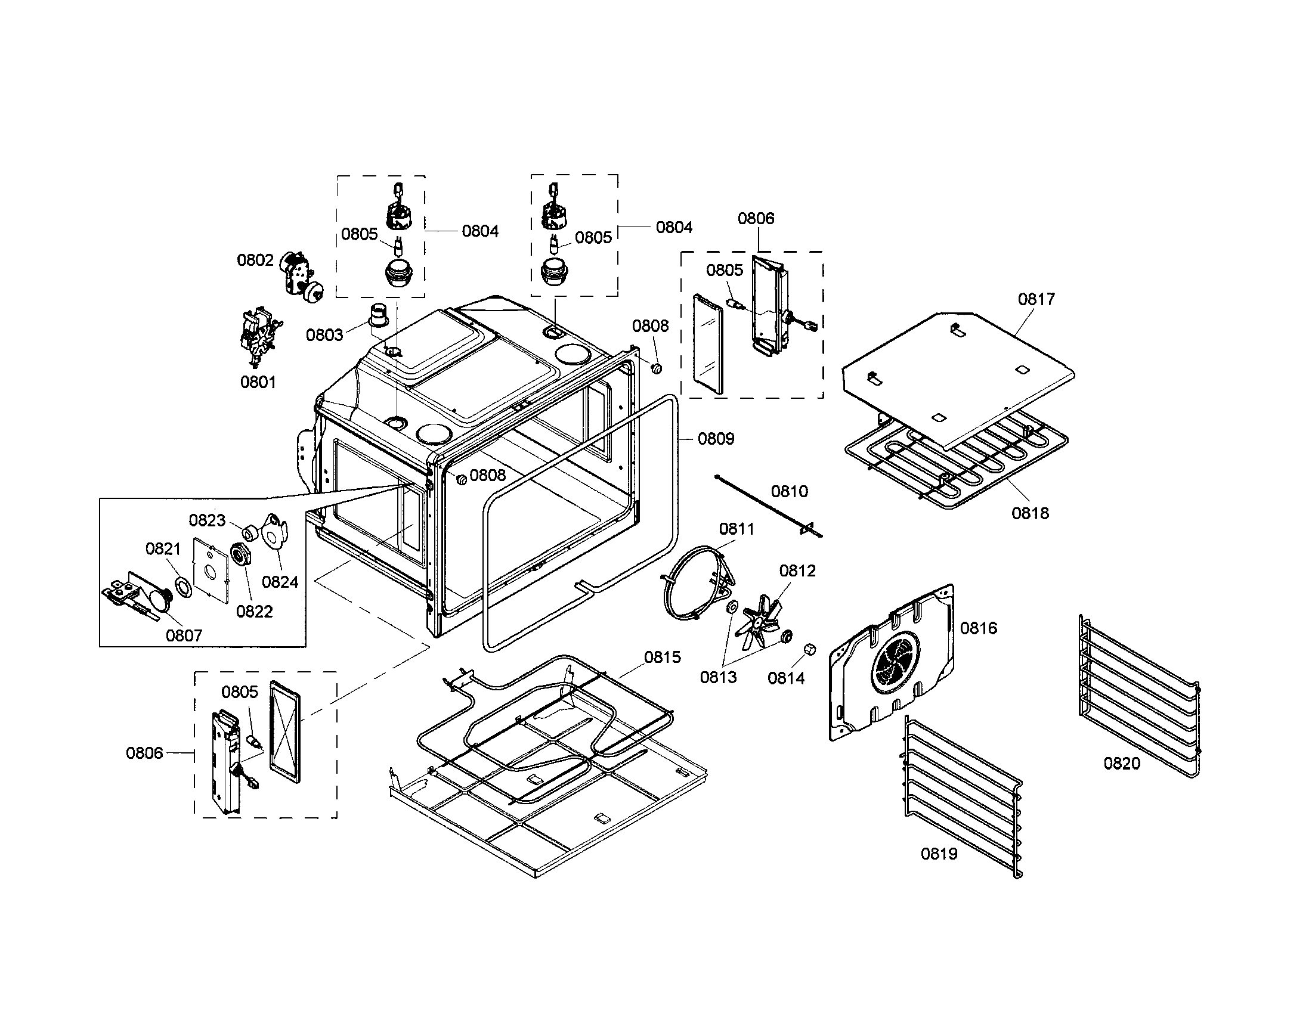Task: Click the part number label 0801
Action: (258, 382)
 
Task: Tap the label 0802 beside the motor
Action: (255, 260)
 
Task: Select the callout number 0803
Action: (324, 335)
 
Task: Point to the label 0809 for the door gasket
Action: (716, 439)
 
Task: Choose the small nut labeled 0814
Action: (809, 650)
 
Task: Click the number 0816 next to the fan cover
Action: (978, 628)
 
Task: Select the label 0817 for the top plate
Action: (1036, 299)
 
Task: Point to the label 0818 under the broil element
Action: (1030, 513)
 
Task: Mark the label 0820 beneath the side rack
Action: (1121, 764)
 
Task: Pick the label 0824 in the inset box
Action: (280, 582)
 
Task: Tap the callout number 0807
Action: (184, 635)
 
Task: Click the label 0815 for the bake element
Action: (663, 658)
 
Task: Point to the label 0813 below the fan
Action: (718, 677)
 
